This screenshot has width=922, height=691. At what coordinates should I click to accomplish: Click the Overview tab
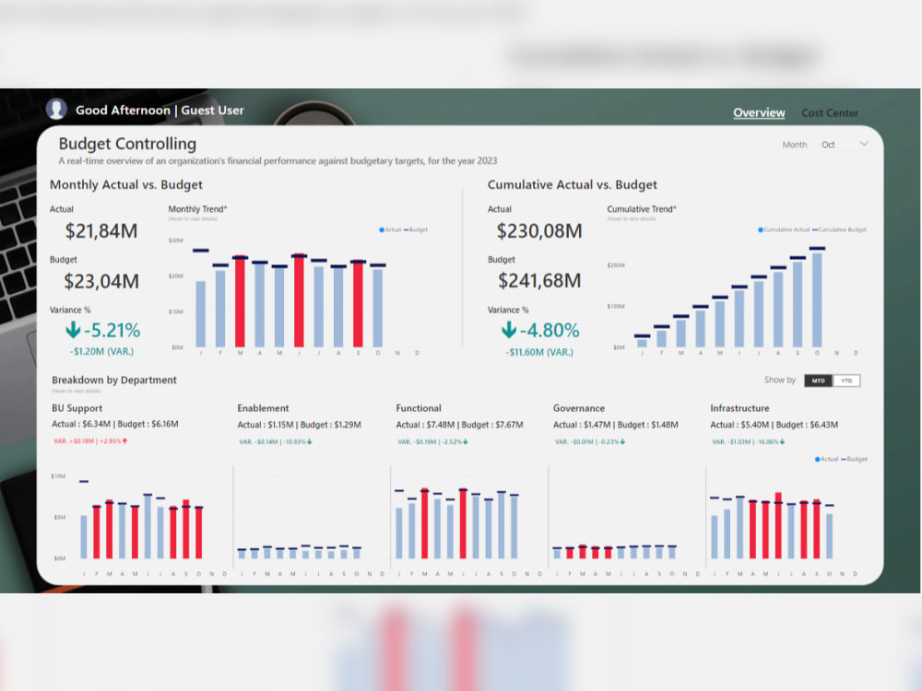click(x=759, y=112)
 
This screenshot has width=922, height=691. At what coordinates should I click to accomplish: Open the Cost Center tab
click(x=829, y=112)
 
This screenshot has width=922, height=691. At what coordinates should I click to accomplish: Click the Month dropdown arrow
click(x=864, y=144)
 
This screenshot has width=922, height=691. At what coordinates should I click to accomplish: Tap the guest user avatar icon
click(x=56, y=109)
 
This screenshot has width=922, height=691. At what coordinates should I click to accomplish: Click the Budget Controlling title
click(x=127, y=144)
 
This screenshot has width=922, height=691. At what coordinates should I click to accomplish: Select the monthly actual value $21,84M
click(x=101, y=231)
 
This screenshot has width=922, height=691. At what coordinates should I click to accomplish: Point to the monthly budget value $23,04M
click(x=101, y=281)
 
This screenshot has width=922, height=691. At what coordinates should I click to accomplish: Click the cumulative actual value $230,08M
click(x=539, y=231)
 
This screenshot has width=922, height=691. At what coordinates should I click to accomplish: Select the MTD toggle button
click(x=817, y=381)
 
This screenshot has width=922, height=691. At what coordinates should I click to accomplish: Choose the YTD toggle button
click(x=845, y=381)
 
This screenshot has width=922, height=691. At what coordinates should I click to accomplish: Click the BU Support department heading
click(x=77, y=408)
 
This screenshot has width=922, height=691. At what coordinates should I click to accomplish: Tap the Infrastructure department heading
click(x=739, y=408)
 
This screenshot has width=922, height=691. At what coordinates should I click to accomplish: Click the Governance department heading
click(x=579, y=408)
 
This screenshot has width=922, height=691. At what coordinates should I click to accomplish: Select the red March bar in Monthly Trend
click(x=240, y=302)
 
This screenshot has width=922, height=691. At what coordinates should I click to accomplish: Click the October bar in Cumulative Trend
click(x=817, y=299)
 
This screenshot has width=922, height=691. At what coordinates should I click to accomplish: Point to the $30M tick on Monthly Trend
click(x=175, y=240)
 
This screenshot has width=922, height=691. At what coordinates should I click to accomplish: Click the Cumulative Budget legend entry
click(x=841, y=229)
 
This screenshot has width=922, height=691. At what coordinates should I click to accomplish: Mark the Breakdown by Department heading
click(x=114, y=380)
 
